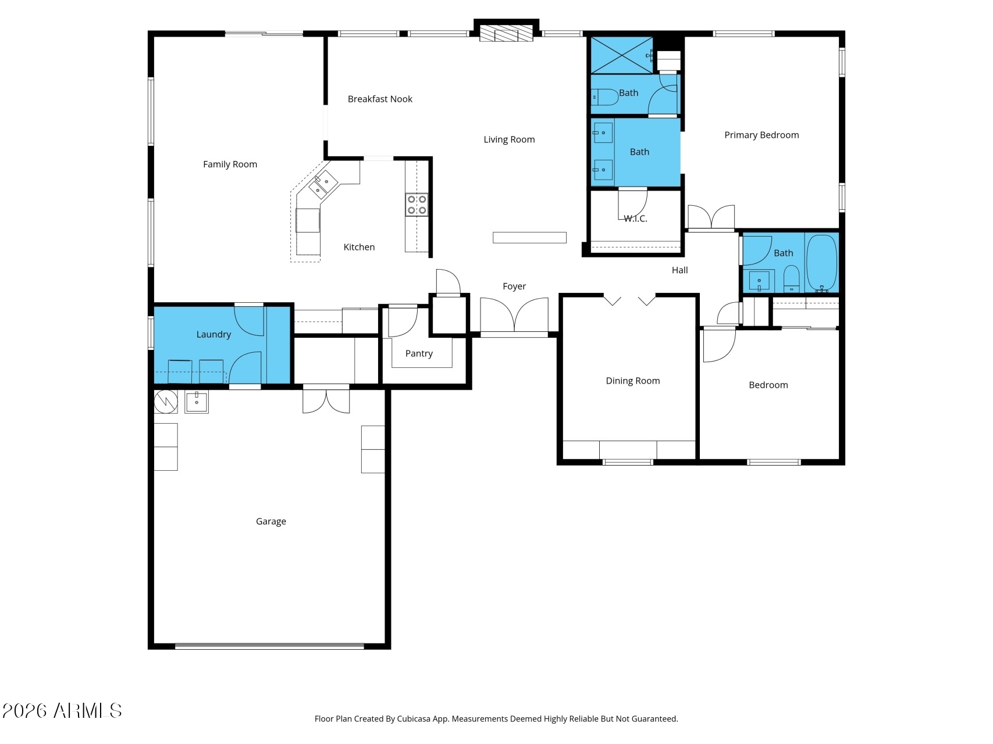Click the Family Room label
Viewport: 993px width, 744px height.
[230, 164]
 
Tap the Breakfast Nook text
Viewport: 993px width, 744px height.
[380, 99]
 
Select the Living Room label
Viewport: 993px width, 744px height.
[509, 139]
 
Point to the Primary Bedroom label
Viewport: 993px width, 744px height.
[761, 135]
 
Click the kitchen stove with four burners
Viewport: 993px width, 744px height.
[417, 205]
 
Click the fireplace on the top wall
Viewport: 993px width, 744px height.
[506, 33]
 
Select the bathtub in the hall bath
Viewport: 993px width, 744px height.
[822, 263]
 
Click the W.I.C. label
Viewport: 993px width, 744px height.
[635, 219]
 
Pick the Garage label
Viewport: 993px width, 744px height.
[271, 522]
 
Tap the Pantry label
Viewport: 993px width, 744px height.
[419, 354]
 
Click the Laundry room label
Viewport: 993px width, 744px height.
[213, 335]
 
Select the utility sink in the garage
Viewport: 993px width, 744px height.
[197, 402]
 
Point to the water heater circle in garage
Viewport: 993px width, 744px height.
[166, 402]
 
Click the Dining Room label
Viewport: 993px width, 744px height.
[633, 381]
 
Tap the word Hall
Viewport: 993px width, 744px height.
[679, 270]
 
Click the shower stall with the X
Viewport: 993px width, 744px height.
[622, 55]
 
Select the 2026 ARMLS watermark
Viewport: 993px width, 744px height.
[62, 711]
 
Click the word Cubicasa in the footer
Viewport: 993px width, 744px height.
[412, 719]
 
